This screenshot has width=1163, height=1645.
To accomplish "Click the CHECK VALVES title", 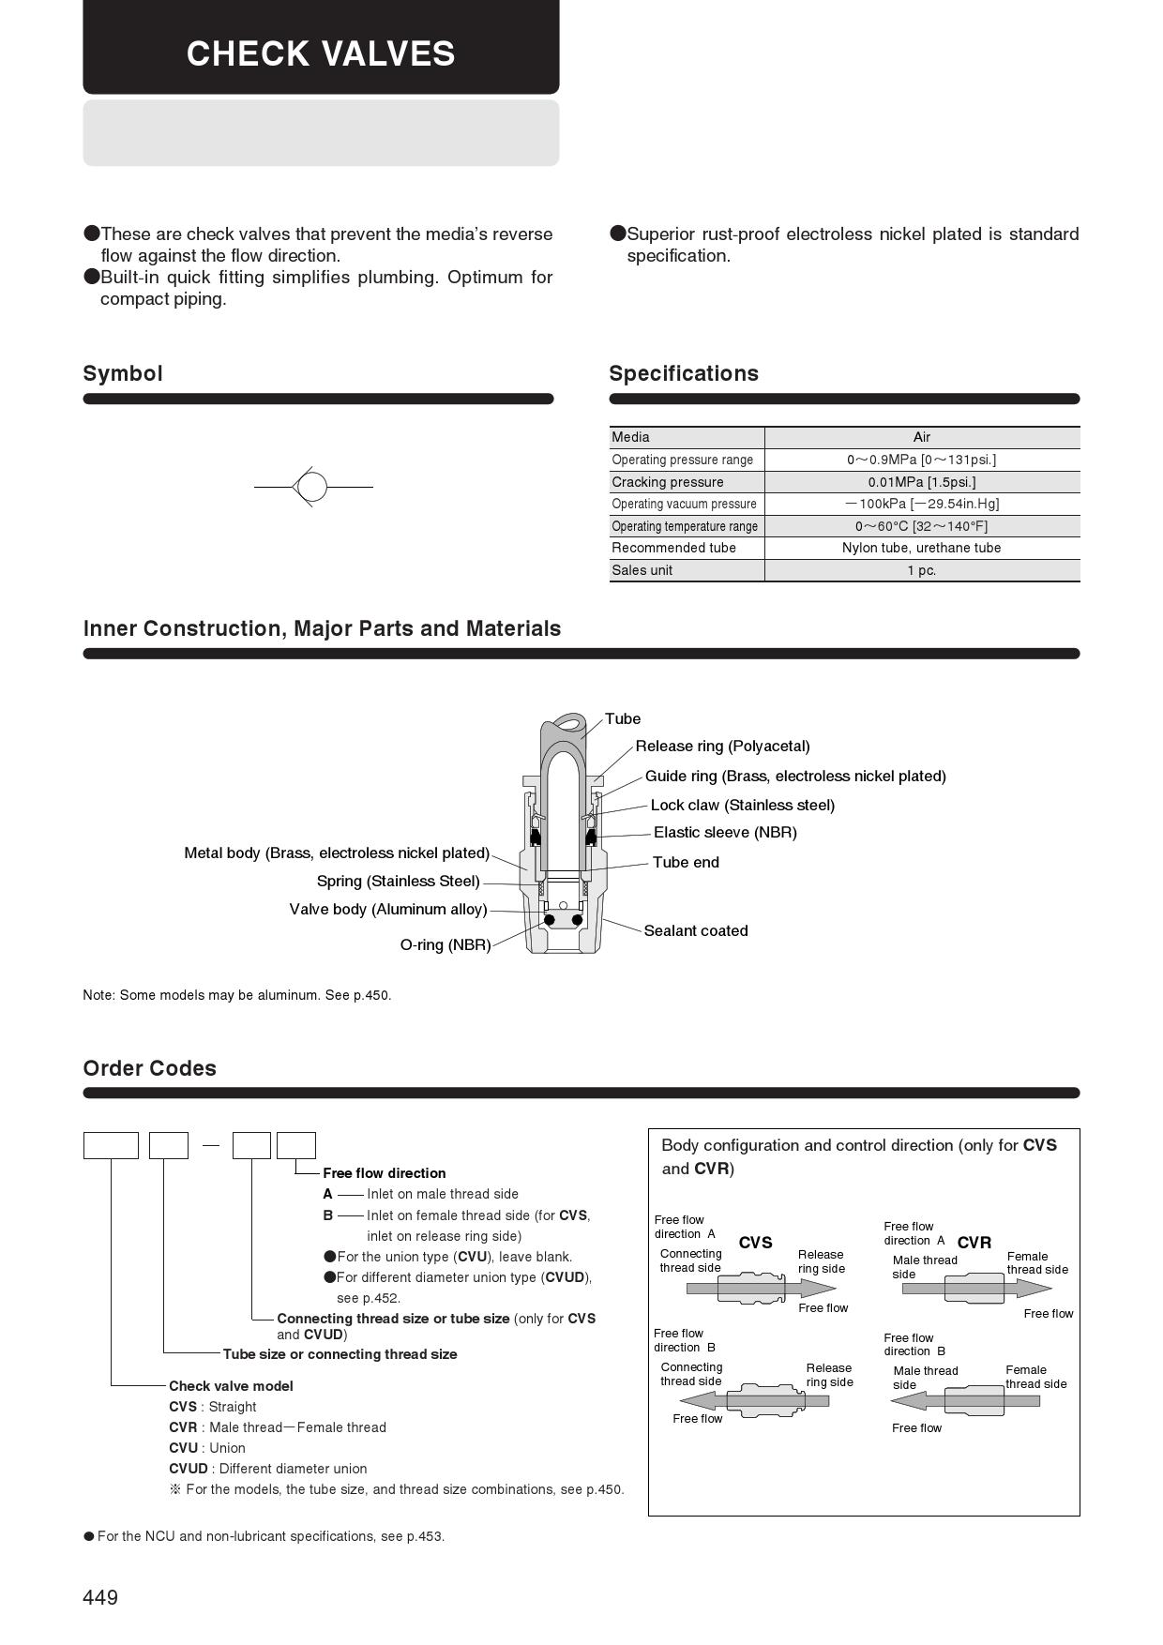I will tap(321, 53).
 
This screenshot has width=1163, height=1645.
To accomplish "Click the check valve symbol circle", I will tap(311, 487).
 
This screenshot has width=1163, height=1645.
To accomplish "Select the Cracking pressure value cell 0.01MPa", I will tap(921, 482).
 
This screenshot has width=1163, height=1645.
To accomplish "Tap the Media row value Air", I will tap(921, 437).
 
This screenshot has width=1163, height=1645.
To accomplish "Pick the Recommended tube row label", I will tap(673, 548).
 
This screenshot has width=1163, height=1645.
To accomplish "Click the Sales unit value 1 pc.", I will tap(921, 570).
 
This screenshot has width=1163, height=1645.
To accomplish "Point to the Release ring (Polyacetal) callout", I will tap(722, 747).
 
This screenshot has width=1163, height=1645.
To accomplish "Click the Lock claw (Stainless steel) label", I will tap(742, 805).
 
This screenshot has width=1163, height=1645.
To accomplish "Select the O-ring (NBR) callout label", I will tap(446, 944).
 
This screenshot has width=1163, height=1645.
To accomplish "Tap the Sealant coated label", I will tap(696, 930).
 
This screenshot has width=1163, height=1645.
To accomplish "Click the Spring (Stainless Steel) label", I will tap(398, 881).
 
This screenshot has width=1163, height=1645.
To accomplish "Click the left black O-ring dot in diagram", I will tap(550, 920).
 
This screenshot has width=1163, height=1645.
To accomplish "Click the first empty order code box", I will tap(111, 1145).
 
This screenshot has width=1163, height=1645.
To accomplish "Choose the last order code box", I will tap(296, 1145).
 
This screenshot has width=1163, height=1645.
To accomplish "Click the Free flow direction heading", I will tap(384, 1173).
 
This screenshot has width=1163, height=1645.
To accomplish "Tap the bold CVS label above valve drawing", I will tap(755, 1243).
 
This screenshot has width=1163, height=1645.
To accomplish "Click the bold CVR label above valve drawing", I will tap(974, 1243).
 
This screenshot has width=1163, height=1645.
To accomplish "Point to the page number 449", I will tap(100, 1597).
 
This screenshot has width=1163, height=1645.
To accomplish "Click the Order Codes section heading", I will tap(149, 1068).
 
